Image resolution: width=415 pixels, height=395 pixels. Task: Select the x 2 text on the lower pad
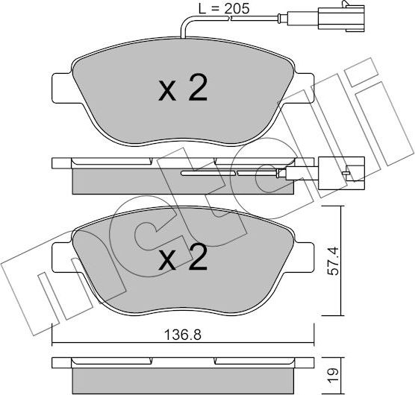point(183,259)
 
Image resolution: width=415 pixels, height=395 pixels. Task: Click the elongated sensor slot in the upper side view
point(224,173)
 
